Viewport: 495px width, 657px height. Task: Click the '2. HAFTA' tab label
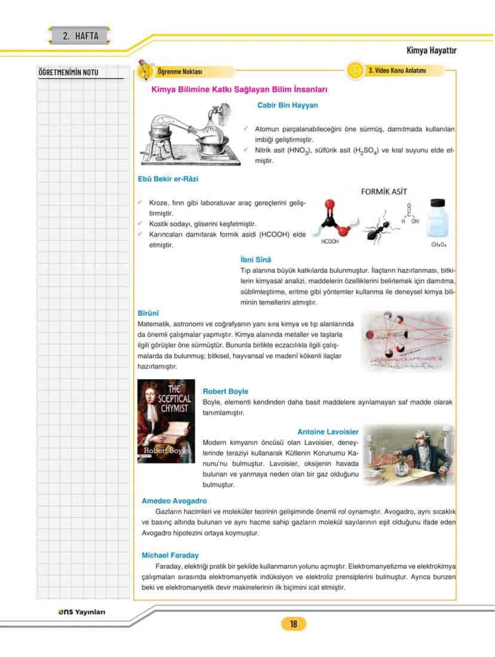80,36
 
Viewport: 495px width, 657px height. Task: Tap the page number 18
294,624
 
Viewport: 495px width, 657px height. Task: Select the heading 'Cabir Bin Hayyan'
287,105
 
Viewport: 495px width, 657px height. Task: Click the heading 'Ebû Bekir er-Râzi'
168,178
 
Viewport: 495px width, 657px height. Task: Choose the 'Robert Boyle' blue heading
225,391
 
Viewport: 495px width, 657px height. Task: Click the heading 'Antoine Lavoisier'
328,431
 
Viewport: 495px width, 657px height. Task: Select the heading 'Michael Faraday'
170,555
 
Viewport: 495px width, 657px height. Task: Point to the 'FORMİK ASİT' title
385,193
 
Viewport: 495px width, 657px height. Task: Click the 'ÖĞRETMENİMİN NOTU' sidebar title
68,73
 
